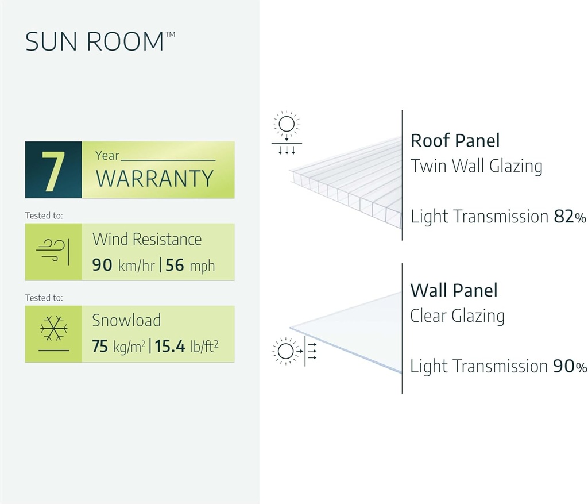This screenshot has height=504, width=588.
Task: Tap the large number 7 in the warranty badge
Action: (x=53, y=171)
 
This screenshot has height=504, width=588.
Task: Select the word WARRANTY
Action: (x=154, y=179)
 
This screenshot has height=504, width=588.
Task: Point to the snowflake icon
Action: (x=53, y=329)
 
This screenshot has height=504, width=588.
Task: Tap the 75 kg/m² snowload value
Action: (x=118, y=347)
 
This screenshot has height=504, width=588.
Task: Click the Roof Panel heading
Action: (x=455, y=141)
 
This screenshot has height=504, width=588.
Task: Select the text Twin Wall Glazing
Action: (x=476, y=167)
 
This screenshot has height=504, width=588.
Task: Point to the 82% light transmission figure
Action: (x=570, y=217)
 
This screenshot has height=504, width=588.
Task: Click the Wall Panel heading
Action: (x=454, y=290)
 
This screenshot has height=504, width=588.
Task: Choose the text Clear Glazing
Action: (x=457, y=316)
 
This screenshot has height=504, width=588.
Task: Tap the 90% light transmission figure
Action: (x=570, y=367)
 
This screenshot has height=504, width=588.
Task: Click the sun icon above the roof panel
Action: (x=286, y=124)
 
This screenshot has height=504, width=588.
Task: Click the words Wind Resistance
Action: (x=147, y=239)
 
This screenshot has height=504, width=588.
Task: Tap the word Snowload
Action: (x=126, y=321)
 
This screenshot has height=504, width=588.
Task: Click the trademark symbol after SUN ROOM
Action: (x=171, y=35)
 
